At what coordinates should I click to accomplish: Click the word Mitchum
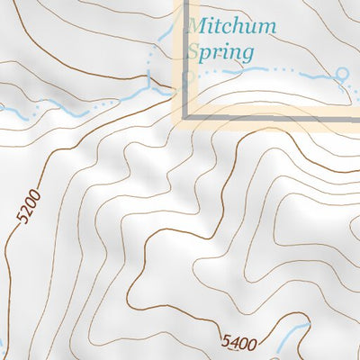pyautogui.click(x=232, y=27)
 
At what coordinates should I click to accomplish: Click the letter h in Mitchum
pyautogui.click(x=243, y=27)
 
